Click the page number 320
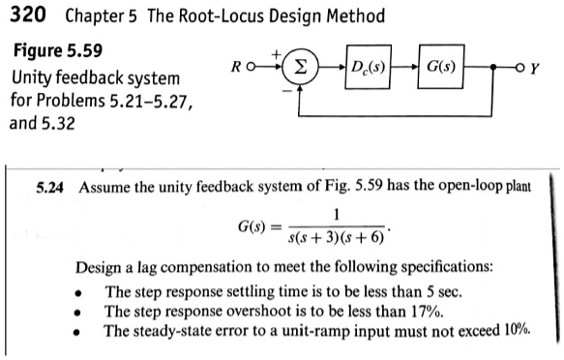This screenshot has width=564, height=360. pyautogui.click(x=26, y=16)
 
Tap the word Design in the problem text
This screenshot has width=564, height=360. pyautogui.click(x=101, y=266)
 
